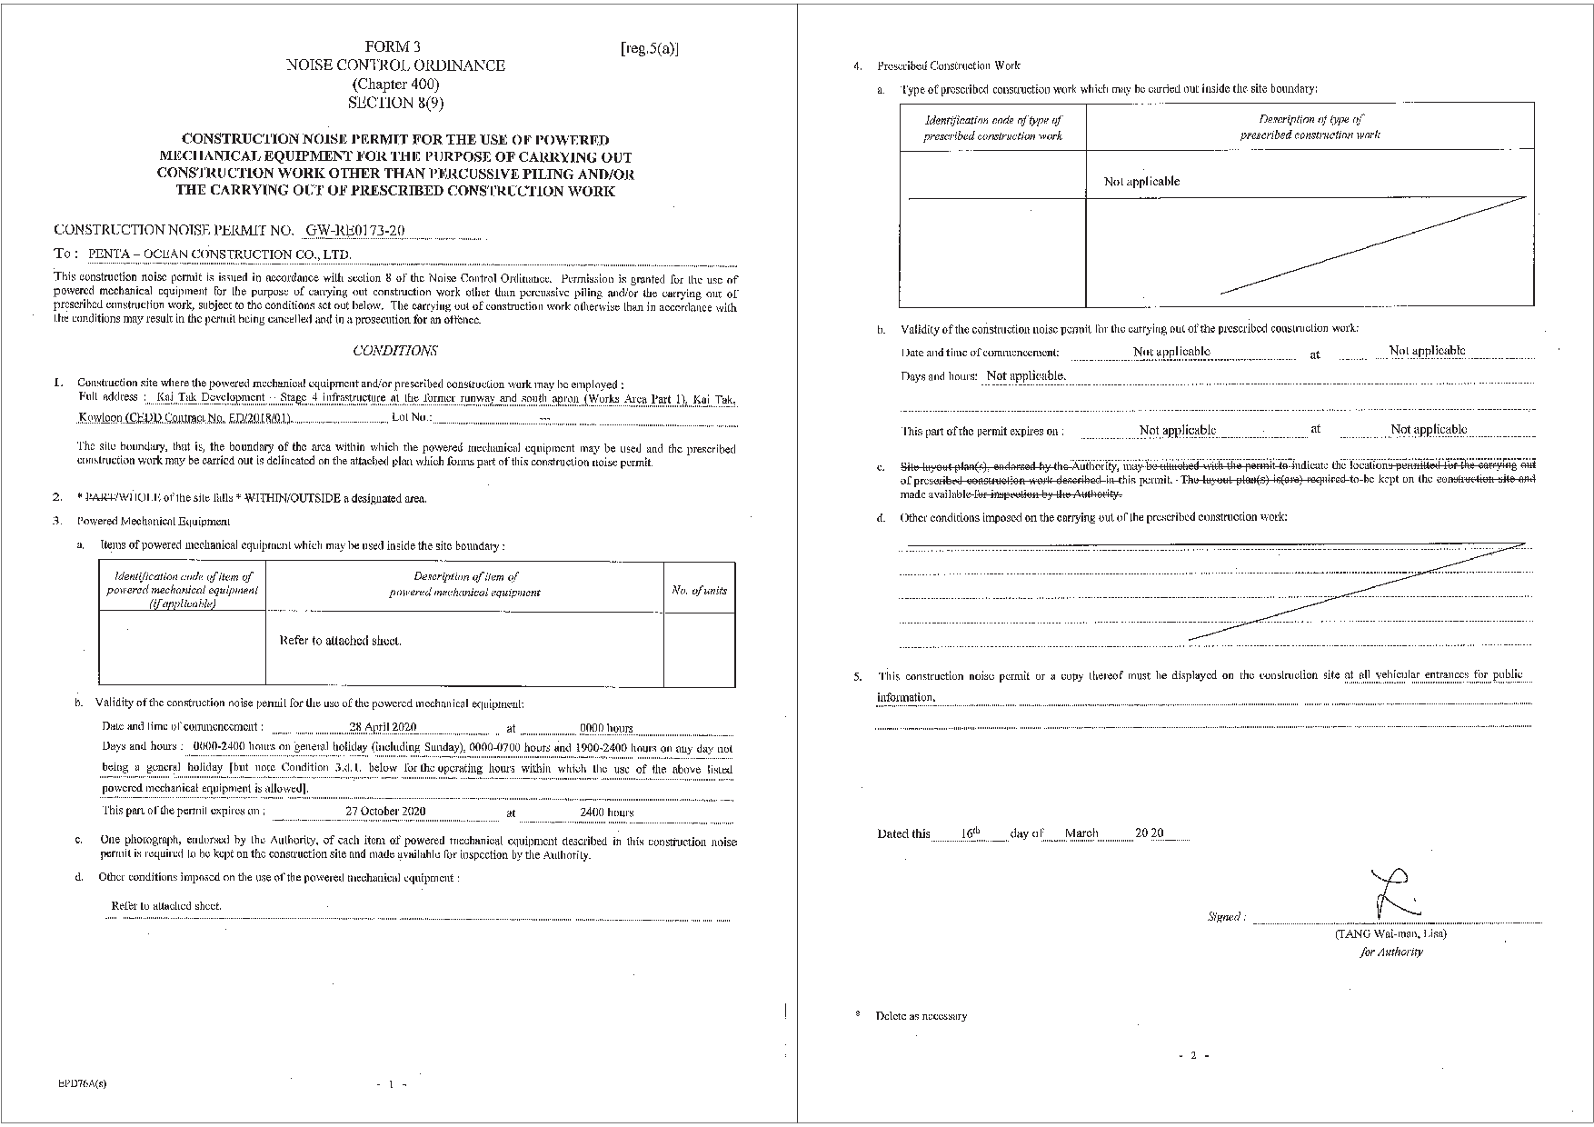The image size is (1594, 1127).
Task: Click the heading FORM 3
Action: pyautogui.click(x=393, y=46)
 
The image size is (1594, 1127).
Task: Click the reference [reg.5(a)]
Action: pyautogui.click(x=649, y=49)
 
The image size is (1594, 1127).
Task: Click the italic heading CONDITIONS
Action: pyautogui.click(x=394, y=351)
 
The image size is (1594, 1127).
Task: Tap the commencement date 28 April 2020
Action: pyautogui.click(x=383, y=727)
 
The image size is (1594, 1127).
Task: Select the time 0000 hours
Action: pyautogui.click(x=606, y=728)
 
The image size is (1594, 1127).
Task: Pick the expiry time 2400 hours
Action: pyautogui.click(x=606, y=813)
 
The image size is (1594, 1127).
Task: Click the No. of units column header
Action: pyautogui.click(x=699, y=591)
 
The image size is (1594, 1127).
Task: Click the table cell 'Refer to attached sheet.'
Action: pyautogui.click(x=340, y=641)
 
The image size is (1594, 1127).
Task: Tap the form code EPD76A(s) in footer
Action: pyautogui.click(x=81, y=1083)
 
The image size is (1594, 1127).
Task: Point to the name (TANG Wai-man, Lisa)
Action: pyautogui.click(x=1390, y=933)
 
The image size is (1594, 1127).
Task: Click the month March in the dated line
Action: pyautogui.click(x=1081, y=833)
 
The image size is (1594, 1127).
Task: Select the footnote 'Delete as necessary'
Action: pyautogui.click(x=921, y=1016)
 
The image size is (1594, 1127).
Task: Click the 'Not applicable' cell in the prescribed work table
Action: pyautogui.click(x=1141, y=182)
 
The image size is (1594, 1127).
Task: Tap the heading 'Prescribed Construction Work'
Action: pyautogui.click(x=948, y=65)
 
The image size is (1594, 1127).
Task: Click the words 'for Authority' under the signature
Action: pyautogui.click(x=1391, y=952)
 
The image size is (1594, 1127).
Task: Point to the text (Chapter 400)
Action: pyautogui.click(x=395, y=84)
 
